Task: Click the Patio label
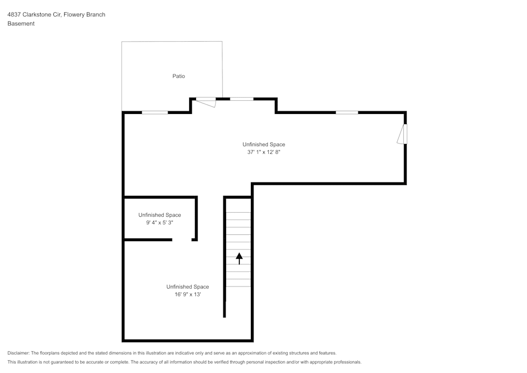click(x=179, y=76)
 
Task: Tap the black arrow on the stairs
click(x=239, y=258)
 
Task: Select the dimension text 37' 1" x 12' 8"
click(x=263, y=152)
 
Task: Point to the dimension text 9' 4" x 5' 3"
click(x=160, y=223)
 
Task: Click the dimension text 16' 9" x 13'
click(x=188, y=294)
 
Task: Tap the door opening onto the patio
click(x=206, y=101)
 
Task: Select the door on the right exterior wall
click(x=403, y=134)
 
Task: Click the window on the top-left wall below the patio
click(x=155, y=112)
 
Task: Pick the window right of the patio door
click(x=241, y=99)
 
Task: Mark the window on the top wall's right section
click(x=347, y=112)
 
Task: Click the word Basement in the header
click(x=21, y=24)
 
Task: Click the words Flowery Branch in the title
click(x=84, y=15)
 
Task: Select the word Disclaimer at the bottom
click(x=18, y=353)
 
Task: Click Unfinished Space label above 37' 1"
click(x=263, y=145)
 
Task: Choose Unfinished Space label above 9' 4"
click(x=160, y=215)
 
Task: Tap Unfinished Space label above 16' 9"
click(x=188, y=287)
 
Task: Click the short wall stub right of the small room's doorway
click(x=194, y=240)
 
